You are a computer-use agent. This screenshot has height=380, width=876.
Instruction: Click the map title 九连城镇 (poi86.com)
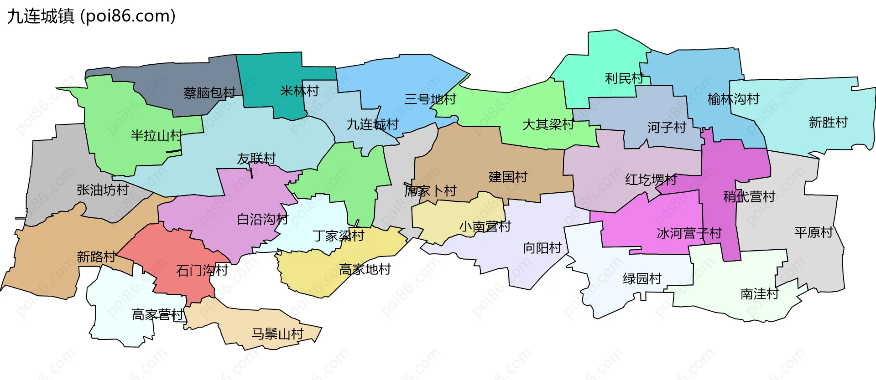(x=91, y=16)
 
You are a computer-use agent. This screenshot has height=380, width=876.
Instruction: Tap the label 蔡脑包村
(x=209, y=93)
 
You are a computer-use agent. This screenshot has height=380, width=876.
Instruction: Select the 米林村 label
(x=299, y=91)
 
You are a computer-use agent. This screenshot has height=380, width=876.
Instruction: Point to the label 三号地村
(x=430, y=99)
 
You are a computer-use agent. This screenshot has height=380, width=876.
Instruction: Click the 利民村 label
(x=624, y=78)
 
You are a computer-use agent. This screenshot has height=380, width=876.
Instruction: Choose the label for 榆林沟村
(x=733, y=99)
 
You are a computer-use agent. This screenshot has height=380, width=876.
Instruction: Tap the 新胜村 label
(x=828, y=122)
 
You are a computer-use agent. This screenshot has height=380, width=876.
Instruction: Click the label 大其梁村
(x=548, y=124)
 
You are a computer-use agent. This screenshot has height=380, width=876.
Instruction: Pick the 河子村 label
(x=667, y=128)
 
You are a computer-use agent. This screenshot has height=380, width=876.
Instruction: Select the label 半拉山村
(x=156, y=135)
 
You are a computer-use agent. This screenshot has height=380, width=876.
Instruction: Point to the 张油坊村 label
(x=103, y=190)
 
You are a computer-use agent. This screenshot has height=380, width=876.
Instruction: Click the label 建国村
(x=508, y=177)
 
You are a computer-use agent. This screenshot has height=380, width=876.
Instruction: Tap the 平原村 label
(x=813, y=233)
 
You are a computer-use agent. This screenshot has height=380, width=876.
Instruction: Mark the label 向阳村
(x=542, y=248)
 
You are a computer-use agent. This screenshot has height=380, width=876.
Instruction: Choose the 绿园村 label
(x=642, y=278)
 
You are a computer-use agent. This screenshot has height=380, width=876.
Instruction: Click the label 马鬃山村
(x=277, y=334)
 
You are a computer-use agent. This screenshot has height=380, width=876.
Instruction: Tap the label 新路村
(x=96, y=257)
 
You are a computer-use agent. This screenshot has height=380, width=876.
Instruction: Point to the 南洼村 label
(x=759, y=294)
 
